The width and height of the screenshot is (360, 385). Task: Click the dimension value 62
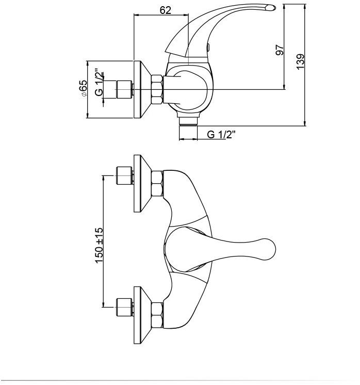tap(165, 10)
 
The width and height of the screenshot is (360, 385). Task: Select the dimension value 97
tap(279, 50)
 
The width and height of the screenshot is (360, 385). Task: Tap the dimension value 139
tap(300, 61)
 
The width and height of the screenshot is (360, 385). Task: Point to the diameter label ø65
tap(83, 88)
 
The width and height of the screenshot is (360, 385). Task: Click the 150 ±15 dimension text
tap(99, 245)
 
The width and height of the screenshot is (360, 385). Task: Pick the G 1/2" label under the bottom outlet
tap(221, 135)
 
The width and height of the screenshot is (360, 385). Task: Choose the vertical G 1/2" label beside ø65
tap(99, 82)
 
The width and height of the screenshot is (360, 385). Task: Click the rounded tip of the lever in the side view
tap(271, 8)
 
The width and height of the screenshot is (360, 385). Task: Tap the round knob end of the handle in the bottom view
tap(266, 249)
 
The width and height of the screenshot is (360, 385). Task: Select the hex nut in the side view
tap(157, 89)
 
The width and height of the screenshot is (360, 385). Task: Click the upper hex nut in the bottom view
tap(157, 184)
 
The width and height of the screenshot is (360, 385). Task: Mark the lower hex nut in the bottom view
tap(157, 315)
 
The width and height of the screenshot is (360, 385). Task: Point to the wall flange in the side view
tap(142, 89)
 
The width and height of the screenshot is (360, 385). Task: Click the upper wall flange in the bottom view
tap(142, 183)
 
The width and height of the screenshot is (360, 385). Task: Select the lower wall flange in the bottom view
tap(142, 315)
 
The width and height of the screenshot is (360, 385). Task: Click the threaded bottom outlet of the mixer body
tap(188, 122)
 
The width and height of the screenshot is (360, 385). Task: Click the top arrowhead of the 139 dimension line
tap(304, 7)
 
